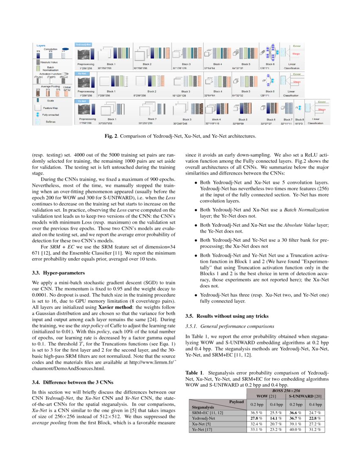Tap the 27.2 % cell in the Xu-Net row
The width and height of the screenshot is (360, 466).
[315, 423]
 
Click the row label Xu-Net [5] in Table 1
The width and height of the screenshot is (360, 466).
[202, 423]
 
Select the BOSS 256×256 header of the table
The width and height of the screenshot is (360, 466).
[285, 390]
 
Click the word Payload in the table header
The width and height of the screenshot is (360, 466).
[236, 401]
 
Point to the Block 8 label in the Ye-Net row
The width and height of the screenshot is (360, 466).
[299, 119]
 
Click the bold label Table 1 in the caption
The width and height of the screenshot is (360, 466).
[195, 372]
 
